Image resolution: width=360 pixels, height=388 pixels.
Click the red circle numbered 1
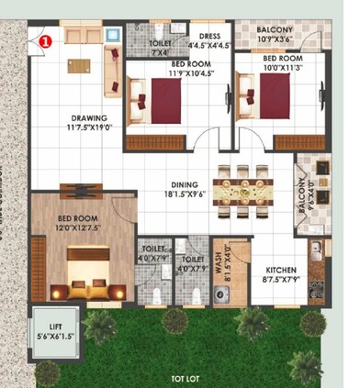[x=49, y=39]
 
